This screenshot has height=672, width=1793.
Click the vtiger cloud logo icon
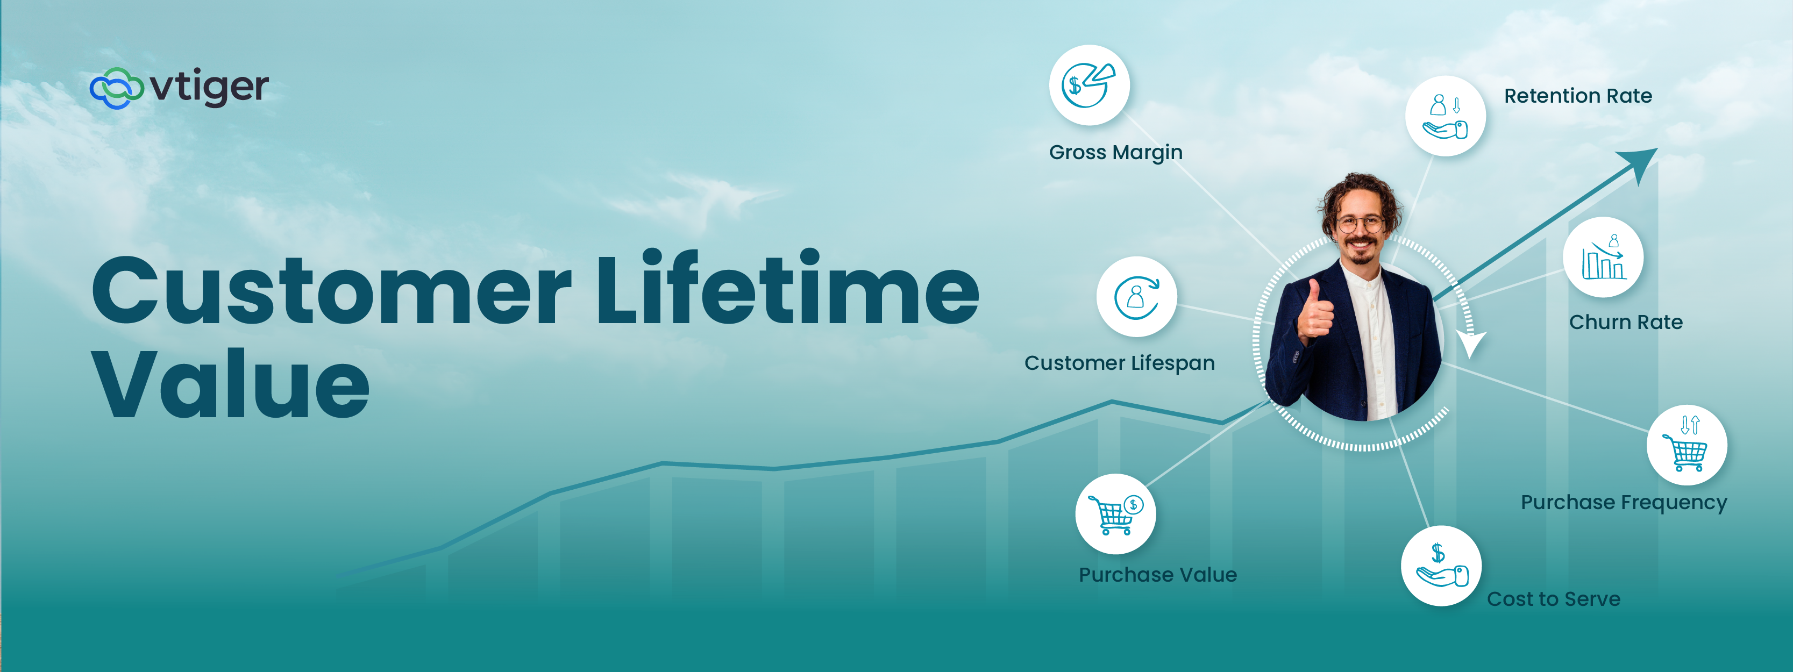pos(116,88)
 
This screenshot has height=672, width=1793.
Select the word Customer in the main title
pos(331,291)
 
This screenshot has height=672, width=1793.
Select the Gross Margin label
pos(1116,152)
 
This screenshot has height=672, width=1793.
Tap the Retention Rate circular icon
pos(1445,116)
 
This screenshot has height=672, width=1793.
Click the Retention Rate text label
pos(1578,96)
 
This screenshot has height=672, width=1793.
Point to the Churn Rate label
pos(1626,322)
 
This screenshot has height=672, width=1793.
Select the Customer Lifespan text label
pos(1119,363)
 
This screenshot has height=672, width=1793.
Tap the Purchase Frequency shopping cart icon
pos(1687,445)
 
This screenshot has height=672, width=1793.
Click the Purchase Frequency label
pos(1624,502)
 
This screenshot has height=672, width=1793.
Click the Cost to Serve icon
pos(1441,566)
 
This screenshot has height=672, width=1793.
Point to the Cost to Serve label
pos(1554,599)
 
